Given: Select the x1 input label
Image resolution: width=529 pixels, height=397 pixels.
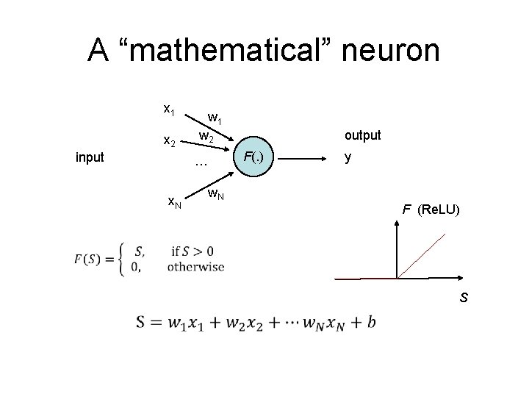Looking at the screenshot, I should point(168,109).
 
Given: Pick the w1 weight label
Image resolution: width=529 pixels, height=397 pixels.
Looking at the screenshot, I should point(215,118).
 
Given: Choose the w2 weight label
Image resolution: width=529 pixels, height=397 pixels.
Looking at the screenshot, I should point(206,137).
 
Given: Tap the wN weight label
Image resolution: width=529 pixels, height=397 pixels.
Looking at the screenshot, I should point(215,195).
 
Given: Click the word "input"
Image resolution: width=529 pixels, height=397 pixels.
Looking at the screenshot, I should point(90,157).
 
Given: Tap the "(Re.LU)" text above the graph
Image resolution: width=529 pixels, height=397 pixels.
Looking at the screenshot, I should point(438,210).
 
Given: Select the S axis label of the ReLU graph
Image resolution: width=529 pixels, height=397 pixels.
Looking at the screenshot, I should point(464,298).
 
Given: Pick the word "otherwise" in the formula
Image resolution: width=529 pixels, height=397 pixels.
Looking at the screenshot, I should point(196,266).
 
